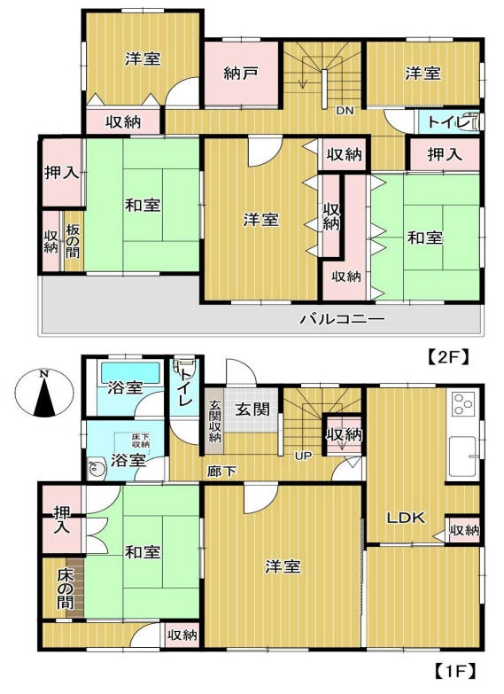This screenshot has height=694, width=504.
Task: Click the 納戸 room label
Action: click(241, 74)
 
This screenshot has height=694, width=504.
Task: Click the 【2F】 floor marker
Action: click(447, 357)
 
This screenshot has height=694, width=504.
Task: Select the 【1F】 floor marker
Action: click(456, 670)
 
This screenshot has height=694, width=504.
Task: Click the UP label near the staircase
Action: click(303, 457)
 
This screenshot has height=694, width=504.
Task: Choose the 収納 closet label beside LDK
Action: click(464, 531)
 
